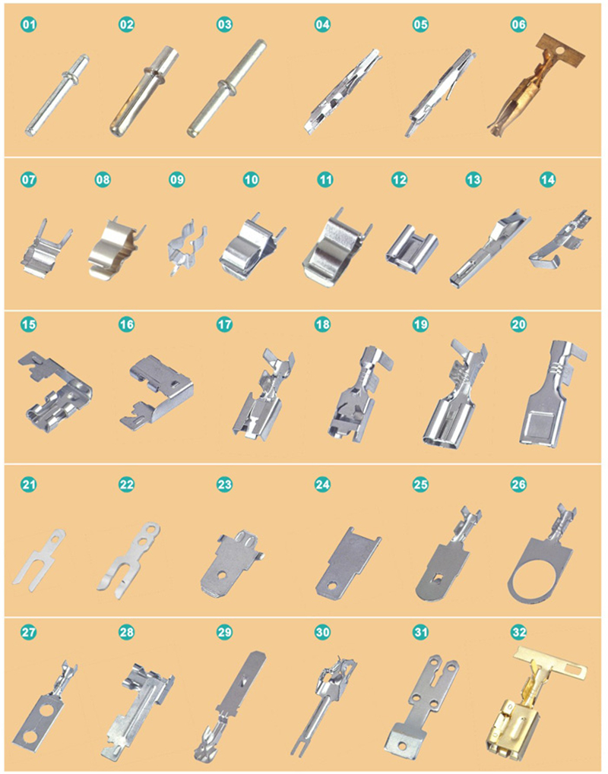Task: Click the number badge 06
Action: (518, 24)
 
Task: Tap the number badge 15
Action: (29, 324)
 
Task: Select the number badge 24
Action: (322, 485)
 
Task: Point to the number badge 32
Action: (519, 632)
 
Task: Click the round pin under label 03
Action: (227, 88)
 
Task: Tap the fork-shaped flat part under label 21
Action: (39, 559)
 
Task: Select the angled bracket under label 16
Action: (157, 390)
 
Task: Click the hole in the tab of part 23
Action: (223, 574)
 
